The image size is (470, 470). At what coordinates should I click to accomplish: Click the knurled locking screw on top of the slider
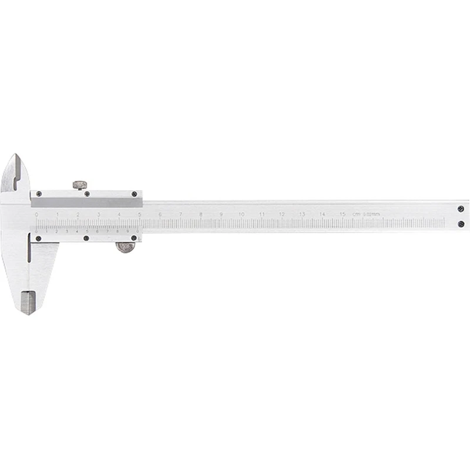point(79,184)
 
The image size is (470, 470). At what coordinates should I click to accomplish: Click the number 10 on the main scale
point(241,214)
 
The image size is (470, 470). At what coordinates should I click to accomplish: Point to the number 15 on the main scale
point(342,214)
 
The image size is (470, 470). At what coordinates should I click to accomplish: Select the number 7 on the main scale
point(180,214)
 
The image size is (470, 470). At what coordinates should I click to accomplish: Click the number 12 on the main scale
point(281,214)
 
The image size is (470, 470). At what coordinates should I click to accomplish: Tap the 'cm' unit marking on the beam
point(356,214)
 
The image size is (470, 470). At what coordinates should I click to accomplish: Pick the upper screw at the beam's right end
point(461,207)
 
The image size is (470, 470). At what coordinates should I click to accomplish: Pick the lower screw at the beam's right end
point(461,223)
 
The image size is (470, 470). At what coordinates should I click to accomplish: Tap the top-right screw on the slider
point(135,193)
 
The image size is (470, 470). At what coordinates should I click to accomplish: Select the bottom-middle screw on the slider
point(86,239)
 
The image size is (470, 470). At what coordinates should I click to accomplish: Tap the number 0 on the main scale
point(36,214)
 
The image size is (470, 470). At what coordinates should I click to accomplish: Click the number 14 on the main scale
point(322,214)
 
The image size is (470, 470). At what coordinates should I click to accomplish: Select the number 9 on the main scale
point(221,214)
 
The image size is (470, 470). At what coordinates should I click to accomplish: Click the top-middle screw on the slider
point(87,193)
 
